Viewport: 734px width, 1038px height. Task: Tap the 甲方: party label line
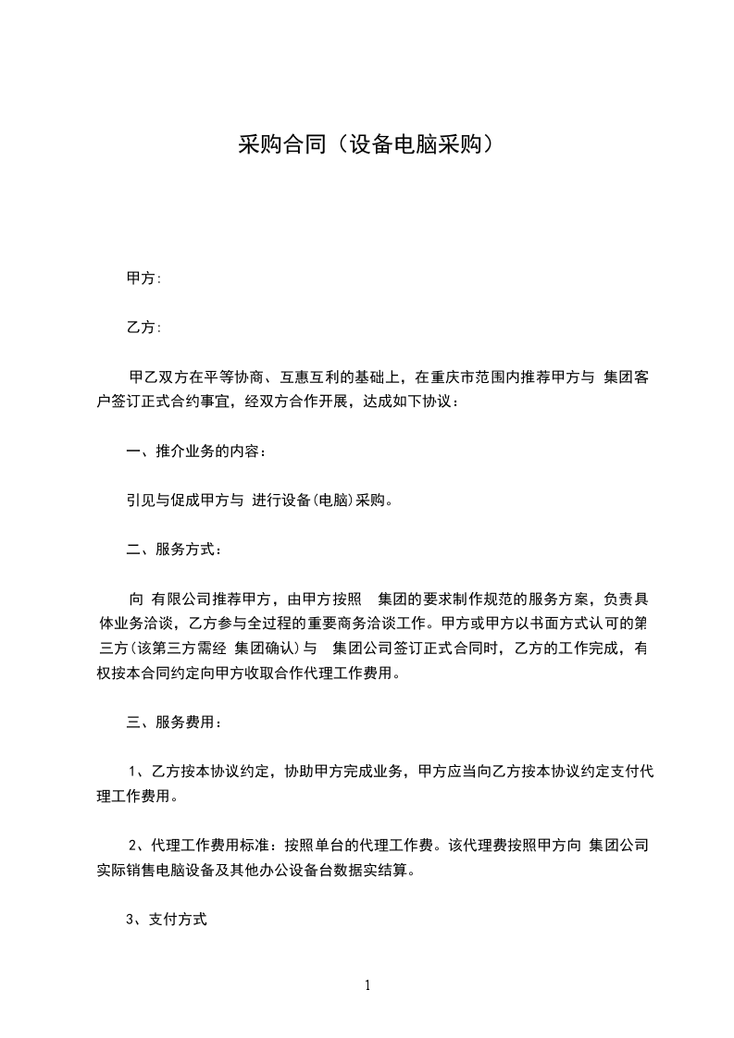point(144,278)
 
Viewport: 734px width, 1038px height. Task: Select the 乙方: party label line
point(144,327)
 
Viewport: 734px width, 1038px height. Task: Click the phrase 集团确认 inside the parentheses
point(266,648)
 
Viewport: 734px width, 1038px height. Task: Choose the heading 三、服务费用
point(173,722)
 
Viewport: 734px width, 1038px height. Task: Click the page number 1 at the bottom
point(367,985)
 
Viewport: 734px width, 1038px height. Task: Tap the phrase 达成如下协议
point(413,402)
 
